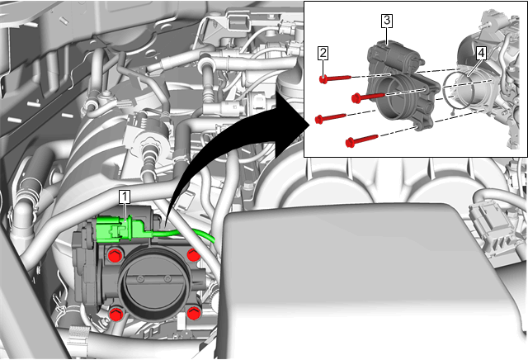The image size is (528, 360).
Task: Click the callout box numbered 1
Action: pos(125,197)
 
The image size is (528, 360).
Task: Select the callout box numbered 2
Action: pos(323,54)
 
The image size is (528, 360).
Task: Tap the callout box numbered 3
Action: pos(387,21)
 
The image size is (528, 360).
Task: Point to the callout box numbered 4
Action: pos(481,54)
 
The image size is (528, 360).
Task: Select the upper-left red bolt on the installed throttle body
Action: pos(115,256)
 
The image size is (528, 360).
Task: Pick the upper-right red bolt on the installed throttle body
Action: pos(193,254)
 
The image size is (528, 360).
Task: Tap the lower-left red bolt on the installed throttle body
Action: pos(116,314)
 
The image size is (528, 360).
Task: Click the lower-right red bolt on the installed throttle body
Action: pos(194,313)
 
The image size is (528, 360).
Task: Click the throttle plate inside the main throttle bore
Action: pos(153,284)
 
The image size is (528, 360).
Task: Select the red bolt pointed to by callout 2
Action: pos(335,78)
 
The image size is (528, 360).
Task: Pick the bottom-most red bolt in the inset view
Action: pos(361,140)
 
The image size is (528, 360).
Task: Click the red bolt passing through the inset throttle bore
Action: pos(368,97)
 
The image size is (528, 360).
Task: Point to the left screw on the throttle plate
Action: pos(140,278)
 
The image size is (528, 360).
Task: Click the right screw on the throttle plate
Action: pos(167,278)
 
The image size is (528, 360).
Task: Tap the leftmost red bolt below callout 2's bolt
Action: pos(330,118)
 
